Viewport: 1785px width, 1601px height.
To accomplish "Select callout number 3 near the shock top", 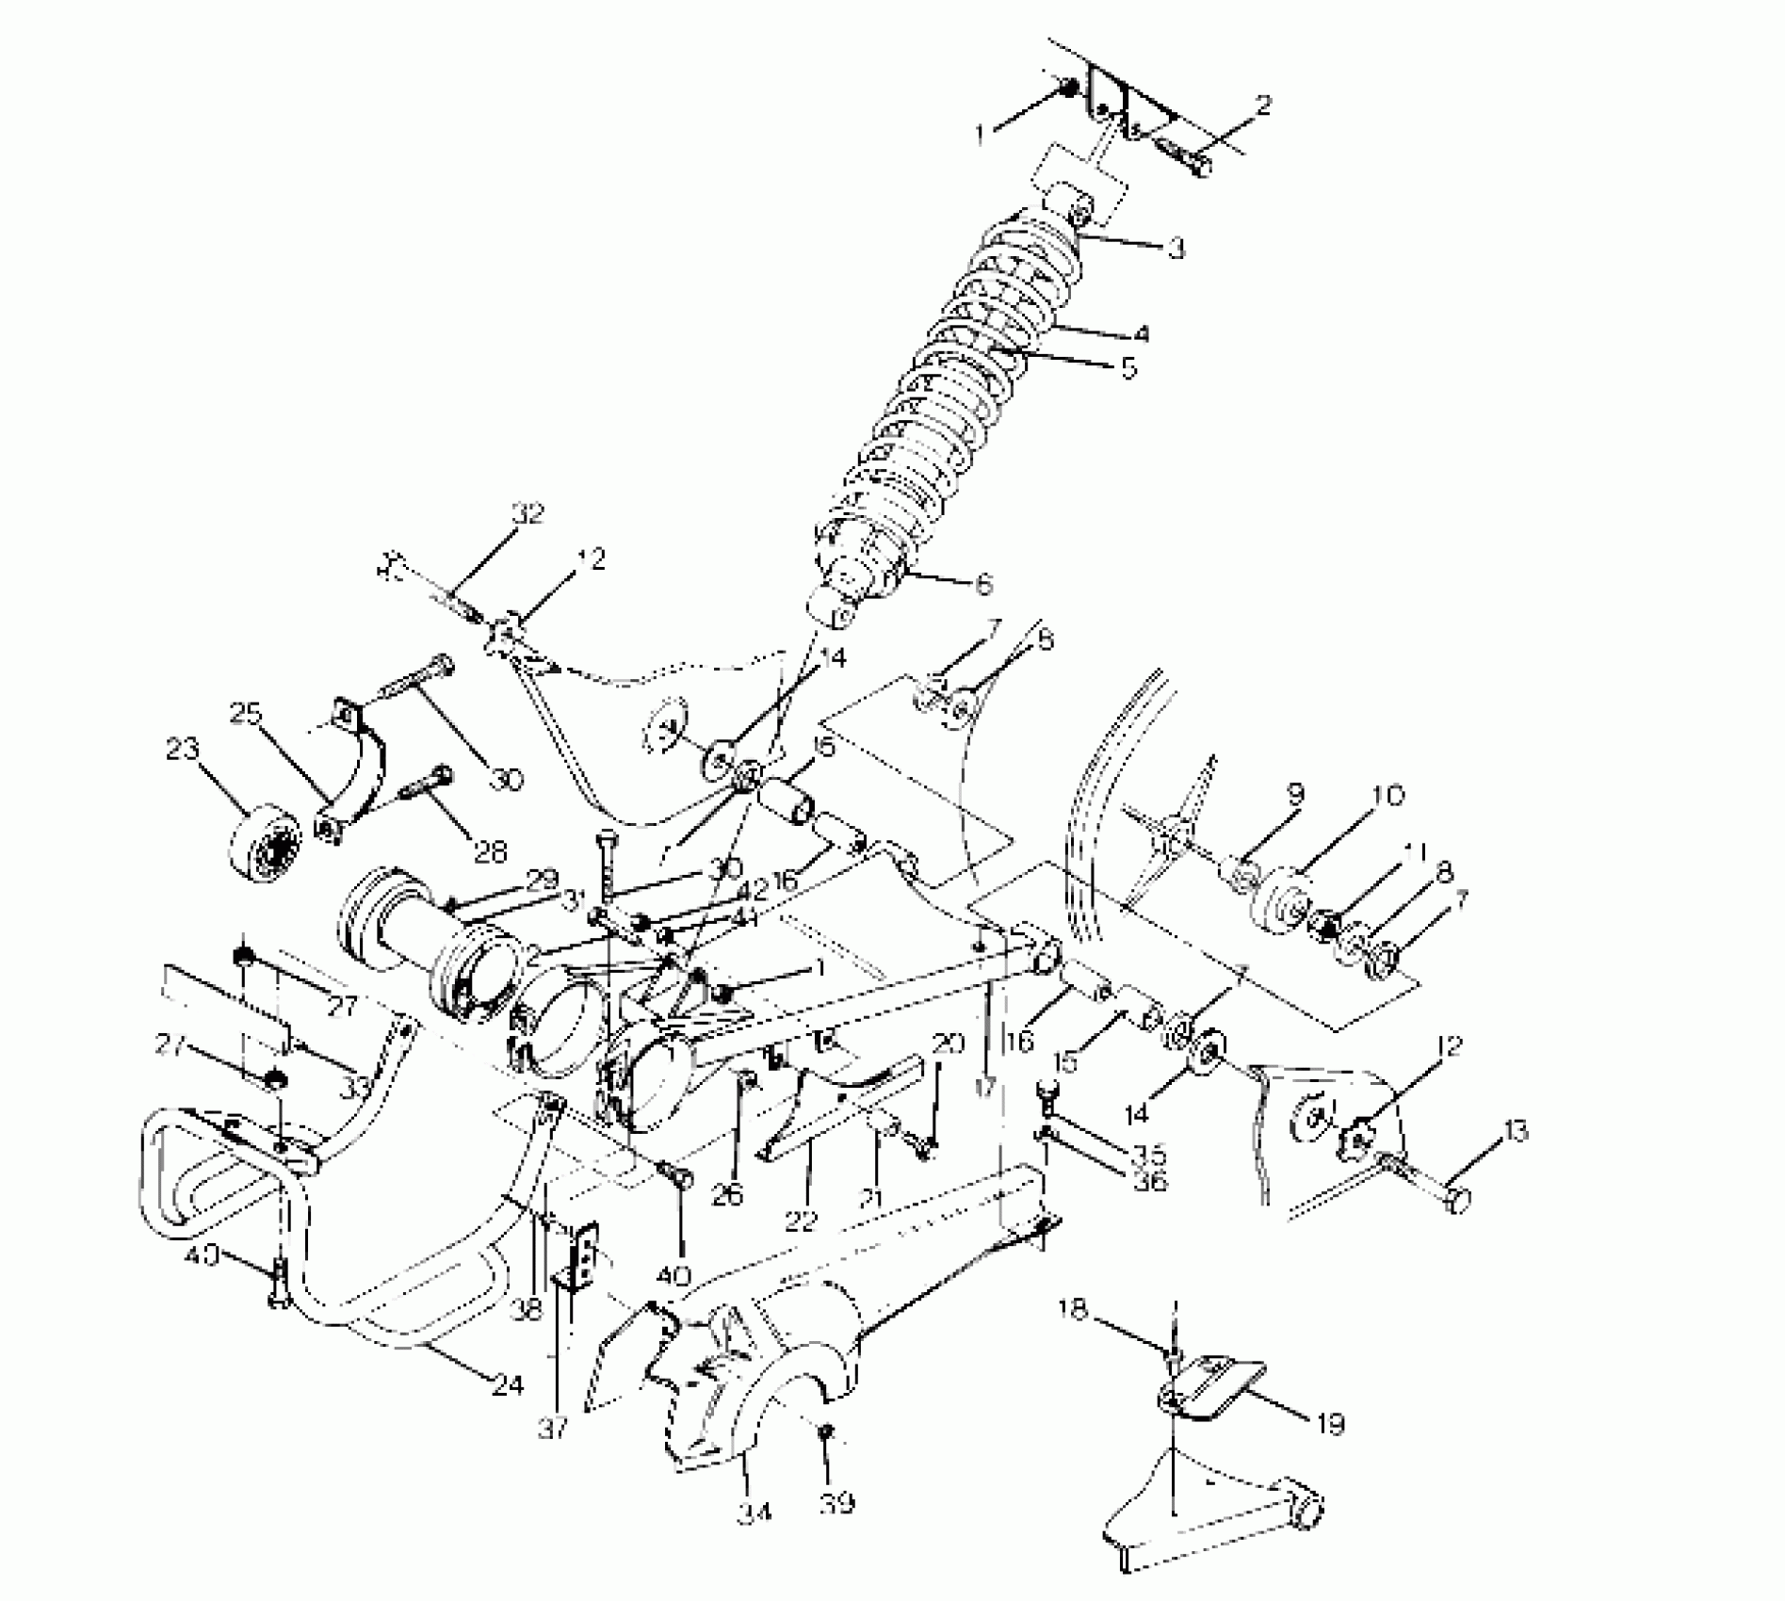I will (1175, 249).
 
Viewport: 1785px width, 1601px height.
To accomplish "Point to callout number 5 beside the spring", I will (1128, 366).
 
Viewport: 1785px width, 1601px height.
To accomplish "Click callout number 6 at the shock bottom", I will (982, 585).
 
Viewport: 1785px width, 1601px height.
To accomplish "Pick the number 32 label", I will (528, 515).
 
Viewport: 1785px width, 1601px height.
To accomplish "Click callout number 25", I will (246, 714).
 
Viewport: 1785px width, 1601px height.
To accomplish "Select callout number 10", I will (1388, 796).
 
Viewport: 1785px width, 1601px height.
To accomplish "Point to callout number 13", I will (1514, 1133).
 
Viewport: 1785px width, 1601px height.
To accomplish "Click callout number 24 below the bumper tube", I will (508, 1384).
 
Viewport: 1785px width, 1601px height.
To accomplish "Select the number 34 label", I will (755, 1512).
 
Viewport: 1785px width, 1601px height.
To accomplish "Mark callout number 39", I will (836, 1504).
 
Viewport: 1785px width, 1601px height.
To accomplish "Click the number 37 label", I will (554, 1429).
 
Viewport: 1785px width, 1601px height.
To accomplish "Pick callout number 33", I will (355, 1089).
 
